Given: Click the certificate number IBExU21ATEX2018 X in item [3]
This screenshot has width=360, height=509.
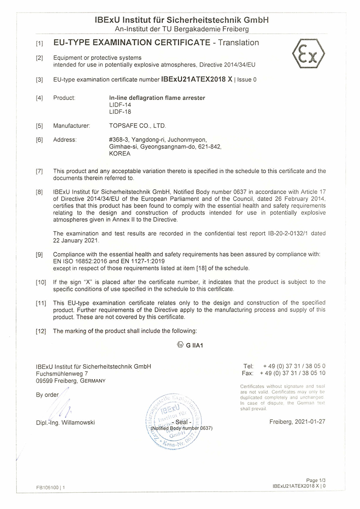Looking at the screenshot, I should pyautogui.click(x=197, y=79).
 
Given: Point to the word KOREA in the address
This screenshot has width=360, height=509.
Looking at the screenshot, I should pyautogui.click(x=120, y=153).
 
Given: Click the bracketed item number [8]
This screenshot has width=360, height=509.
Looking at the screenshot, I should pyautogui.click(x=40, y=192).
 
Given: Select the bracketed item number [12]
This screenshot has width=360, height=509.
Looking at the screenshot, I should pyautogui.click(x=41, y=331).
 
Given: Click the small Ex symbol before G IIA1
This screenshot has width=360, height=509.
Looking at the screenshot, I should pyautogui.click(x=180, y=345).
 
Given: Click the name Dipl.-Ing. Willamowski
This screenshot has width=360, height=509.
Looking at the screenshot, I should pyautogui.click(x=66, y=422).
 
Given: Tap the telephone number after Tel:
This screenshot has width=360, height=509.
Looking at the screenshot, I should pyautogui.click(x=294, y=366).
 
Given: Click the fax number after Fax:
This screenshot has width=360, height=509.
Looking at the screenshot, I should pyautogui.click(x=293, y=373).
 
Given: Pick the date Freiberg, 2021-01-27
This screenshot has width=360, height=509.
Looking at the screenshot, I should pyautogui.click(x=297, y=421).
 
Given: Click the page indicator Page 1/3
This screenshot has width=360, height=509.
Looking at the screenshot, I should pyautogui.click(x=315, y=481).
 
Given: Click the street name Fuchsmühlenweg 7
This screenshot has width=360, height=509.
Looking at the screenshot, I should pyautogui.click(x=62, y=373).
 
